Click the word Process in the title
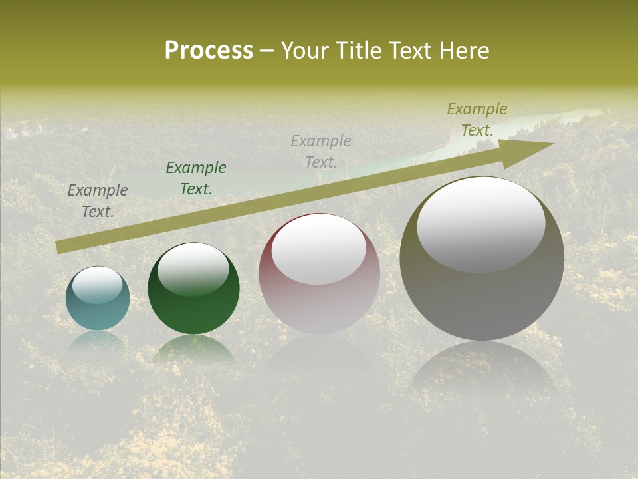click(x=209, y=51)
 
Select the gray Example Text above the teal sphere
click(x=98, y=201)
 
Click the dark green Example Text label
click(x=196, y=178)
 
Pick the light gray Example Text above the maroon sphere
click(x=321, y=151)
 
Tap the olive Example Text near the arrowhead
click(x=477, y=120)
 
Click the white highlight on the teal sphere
click(x=98, y=285)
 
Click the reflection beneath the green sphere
click(x=193, y=349)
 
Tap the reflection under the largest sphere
click(x=483, y=369)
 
